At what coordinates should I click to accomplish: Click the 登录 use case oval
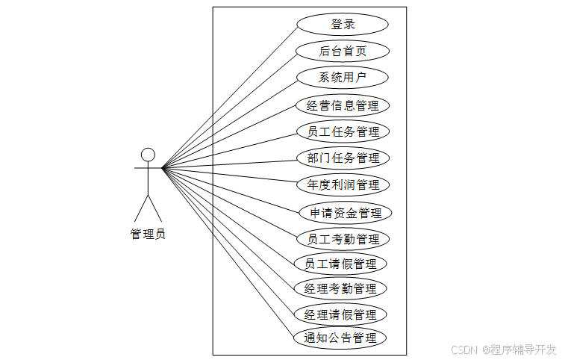pos(343,24)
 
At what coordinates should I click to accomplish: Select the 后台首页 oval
pos(343,51)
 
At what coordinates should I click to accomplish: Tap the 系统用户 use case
pos(343,77)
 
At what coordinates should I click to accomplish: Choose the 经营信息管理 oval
pos(343,105)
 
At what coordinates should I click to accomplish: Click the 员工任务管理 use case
pos(343,131)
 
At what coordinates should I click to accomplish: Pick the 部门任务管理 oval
pos(343,158)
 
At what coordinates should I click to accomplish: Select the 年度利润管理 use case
pos(343,184)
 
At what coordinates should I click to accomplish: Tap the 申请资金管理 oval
pos(345,213)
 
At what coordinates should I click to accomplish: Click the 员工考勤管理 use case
pos(343,239)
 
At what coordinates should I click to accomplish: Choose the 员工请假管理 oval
pos(340,264)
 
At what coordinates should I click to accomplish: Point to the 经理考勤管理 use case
pos(340,288)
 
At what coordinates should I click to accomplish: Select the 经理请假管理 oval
pos(340,314)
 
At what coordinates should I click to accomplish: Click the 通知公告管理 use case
pos(340,338)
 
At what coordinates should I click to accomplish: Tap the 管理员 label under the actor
pos(148,234)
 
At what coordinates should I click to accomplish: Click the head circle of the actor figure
pos(148,155)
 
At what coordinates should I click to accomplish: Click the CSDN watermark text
pos(464,349)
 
